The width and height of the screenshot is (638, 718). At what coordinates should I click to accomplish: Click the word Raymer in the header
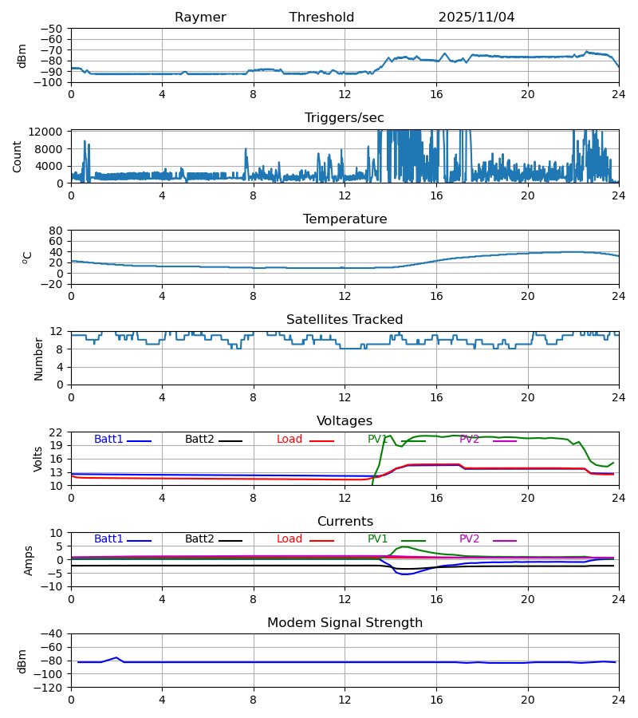[200, 18]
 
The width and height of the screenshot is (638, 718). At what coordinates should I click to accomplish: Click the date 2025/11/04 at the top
[476, 18]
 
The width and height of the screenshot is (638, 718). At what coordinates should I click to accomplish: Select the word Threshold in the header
[321, 18]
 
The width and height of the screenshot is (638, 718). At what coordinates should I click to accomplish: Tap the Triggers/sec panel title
[345, 118]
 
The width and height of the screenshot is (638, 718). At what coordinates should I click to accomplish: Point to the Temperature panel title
[345, 219]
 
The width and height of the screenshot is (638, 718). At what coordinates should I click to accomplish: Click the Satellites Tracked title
[345, 320]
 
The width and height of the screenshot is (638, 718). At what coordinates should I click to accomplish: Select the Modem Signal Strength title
[345, 623]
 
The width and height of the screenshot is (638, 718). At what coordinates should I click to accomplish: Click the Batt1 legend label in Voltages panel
[108, 440]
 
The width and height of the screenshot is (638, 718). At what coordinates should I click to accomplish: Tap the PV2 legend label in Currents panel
[469, 539]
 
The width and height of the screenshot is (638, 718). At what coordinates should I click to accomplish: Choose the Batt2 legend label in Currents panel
[199, 539]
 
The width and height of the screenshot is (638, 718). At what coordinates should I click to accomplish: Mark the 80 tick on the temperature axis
[57, 231]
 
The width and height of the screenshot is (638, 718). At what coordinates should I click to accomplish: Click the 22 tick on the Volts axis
[57, 432]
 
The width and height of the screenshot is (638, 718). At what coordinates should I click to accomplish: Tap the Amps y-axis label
[29, 560]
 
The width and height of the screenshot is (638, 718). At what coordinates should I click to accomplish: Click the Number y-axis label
[38, 358]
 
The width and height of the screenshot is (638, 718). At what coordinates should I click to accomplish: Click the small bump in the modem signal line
[116, 657]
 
